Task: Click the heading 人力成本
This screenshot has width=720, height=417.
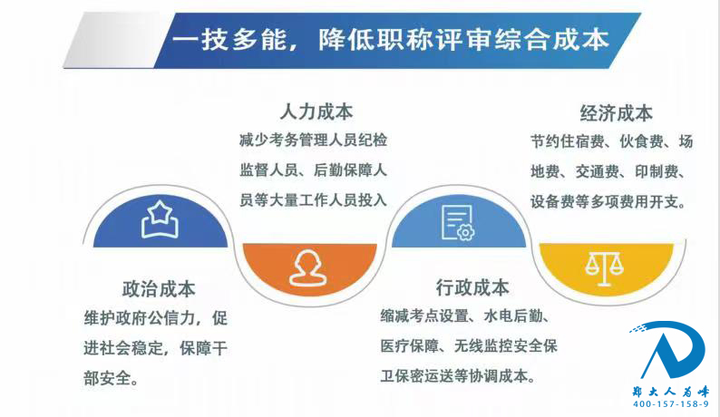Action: click(x=316, y=112)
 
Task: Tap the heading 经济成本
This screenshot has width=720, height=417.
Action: click(x=617, y=113)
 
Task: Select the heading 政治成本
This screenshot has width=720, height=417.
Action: click(x=159, y=289)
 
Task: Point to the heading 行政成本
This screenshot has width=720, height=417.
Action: click(x=472, y=287)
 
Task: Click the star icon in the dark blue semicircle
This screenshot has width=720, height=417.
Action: click(x=160, y=219)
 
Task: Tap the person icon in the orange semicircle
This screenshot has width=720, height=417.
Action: click(x=308, y=268)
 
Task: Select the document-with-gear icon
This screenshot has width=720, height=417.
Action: click(x=458, y=223)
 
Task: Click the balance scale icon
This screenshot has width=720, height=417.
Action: click(x=604, y=267)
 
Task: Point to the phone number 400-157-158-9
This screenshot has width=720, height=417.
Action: click(x=671, y=404)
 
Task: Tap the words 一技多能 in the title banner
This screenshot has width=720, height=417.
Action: click(x=229, y=39)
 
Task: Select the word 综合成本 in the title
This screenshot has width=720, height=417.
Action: click(x=552, y=39)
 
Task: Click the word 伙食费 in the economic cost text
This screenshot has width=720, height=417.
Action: click(x=641, y=141)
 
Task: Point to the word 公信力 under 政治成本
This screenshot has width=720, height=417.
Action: click(x=170, y=318)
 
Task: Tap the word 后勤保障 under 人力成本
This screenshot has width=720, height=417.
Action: click(x=343, y=170)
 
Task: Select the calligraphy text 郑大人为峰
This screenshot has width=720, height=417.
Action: click(x=671, y=392)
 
